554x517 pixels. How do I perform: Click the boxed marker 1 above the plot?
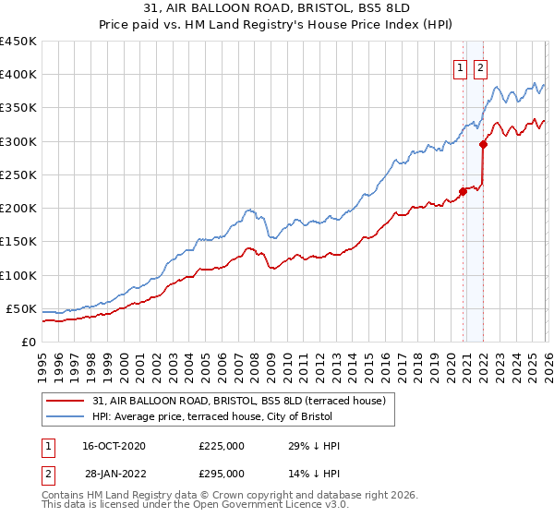pos(460,66)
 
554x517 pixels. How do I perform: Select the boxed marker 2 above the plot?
pos(481,66)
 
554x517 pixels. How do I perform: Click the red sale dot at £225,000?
pos(463,192)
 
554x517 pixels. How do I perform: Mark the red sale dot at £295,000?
pos(483,144)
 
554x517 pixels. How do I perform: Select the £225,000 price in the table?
pos(222,446)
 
